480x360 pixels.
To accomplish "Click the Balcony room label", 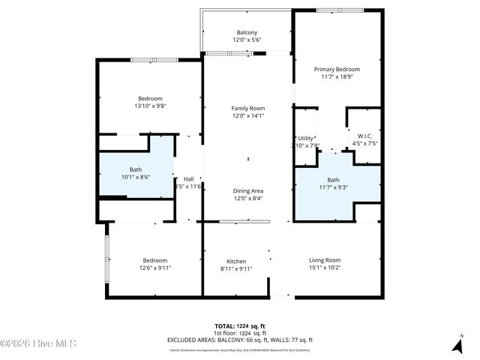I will pyautogui.click(x=247, y=32).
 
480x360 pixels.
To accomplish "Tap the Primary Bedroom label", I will pyautogui.click(x=336, y=69).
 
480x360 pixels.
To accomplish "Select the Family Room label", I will pyautogui.click(x=247, y=108).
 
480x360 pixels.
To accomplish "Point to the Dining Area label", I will pyautogui.click(x=247, y=190).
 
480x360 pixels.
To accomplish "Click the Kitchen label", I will pyautogui.click(x=236, y=260).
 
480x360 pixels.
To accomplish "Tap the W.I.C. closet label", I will pyautogui.click(x=364, y=136).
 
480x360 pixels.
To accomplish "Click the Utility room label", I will pyautogui.click(x=305, y=138).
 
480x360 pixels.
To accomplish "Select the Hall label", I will pyautogui.click(x=188, y=178).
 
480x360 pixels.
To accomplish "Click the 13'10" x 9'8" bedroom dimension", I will pyautogui.click(x=150, y=106).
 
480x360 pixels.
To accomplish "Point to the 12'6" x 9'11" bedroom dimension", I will pyautogui.click(x=155, y=268).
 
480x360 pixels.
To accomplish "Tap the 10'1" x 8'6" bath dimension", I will pyautogui.click(x=136, y=177).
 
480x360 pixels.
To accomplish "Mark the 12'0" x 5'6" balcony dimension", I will pyautogui.click(x=247, y=40).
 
